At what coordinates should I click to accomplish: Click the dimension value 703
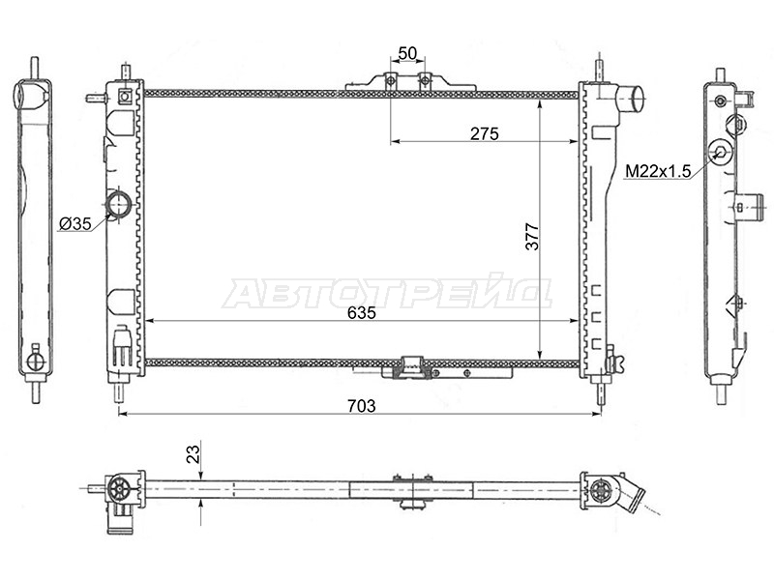click(x=361, y=405)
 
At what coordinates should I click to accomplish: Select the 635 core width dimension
click(x=361, y=312)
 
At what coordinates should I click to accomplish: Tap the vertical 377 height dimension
click(x=531, y=237)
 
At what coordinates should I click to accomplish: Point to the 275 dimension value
click(x=485, y=133)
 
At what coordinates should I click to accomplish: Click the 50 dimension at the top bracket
click(x=407, y=53)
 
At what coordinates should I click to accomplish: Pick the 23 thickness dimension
click(x=193, y=453)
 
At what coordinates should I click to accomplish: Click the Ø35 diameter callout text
click(x=75, y=224)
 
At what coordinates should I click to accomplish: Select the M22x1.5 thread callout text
click(x=658, y=171)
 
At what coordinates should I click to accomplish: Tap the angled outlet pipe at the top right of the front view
click(x=631, y=98)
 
